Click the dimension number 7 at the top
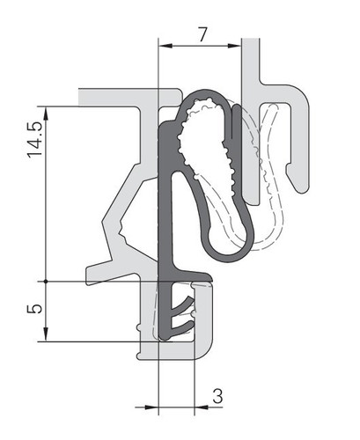pyautogui.click(x=202, y=34)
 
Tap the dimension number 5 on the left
pyautogui.click(x=35, y=309)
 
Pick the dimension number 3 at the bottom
pyautogui.click(x=217, y=396)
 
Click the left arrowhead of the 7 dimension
pyautogui.click(x=165, y=46)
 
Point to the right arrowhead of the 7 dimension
pyautogui.click(x=234, y=46)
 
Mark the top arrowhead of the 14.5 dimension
pyautogui.click(x=46, y=114)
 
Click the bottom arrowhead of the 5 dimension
pyautogui.click(x=46, y=334)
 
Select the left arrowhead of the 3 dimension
pyautogui.click(x=151, y=407)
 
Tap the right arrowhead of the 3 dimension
pyautogui.click(x=202, y=407)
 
